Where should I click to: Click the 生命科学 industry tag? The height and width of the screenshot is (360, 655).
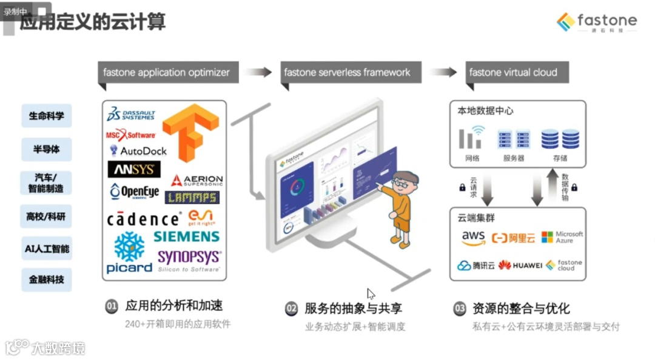click(x=47, y=115)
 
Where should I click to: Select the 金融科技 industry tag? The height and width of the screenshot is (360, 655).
click(x=47, y=280)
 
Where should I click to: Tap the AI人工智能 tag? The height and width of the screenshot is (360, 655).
click(x=47, y=248)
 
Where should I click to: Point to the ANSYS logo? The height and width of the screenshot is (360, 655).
click(x=134, y=169)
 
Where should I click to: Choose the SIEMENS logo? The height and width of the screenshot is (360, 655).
click(x=186, y=236)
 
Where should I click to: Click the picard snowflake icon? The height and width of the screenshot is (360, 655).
click(x=129, y=247)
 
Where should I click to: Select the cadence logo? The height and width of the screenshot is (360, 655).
click(x=144, y=219)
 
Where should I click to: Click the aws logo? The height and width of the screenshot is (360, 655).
click(x=473, y=238)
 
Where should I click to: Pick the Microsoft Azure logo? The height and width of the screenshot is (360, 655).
click(x=562, y=237)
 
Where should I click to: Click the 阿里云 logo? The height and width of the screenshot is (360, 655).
click(x=514, y=238)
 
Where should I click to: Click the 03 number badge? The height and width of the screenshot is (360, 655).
click(x=460, y=308)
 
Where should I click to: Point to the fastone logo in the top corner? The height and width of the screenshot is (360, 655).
click(x=597, y=22)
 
